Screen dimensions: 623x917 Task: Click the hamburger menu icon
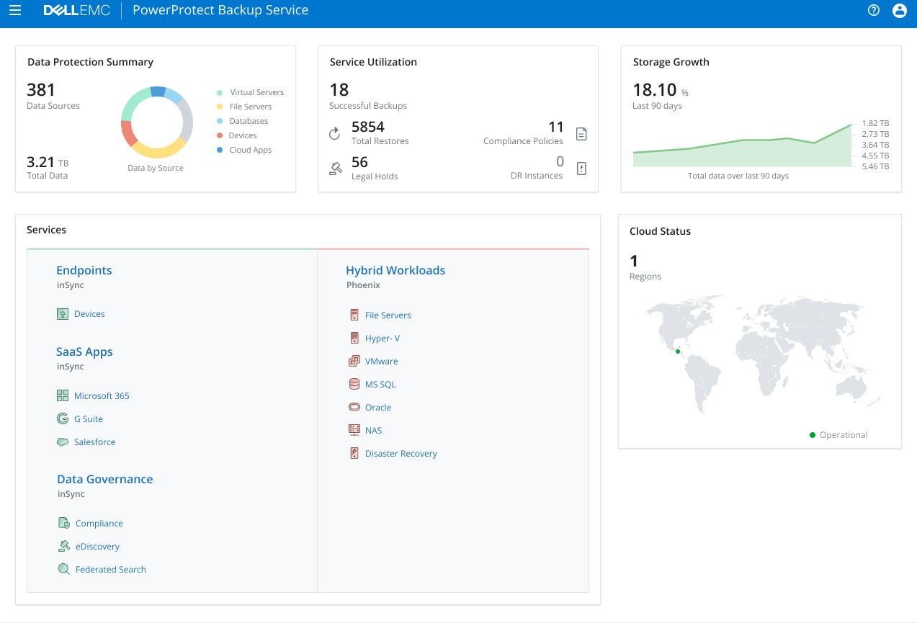(x=15, y=11)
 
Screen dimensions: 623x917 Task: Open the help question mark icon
(x=874, y=11)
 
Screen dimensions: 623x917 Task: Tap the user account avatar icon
(x=899, y=11)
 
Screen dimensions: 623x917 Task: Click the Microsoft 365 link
(x=102, y=396)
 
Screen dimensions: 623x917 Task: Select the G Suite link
(x=88, y=419)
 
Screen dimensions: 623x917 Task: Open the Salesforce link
(x=94, y=442)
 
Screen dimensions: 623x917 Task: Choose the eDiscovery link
(x=97, y=547)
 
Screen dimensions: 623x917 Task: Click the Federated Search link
(x=110, y=570)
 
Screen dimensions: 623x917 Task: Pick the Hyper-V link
(x=382, y=339)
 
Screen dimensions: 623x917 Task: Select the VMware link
(x=381, y=362)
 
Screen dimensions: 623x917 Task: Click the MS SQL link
(x=380, y=385)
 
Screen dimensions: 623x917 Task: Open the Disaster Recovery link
(x=401, y=454)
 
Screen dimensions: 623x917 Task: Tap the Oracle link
(x=378, y=408)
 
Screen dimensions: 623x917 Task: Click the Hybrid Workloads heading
(x=395, y=271)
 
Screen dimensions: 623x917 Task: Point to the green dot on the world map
(x=678, y=351)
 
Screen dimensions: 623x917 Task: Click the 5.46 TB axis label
(x=875, y=166)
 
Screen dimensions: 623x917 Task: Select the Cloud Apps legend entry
(x=250, y=150)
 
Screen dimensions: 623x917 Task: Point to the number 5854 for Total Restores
(x=368, y=127)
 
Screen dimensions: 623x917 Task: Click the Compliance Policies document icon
(x=582, y=134)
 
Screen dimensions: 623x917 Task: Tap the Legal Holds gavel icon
(x=335, y=169)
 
